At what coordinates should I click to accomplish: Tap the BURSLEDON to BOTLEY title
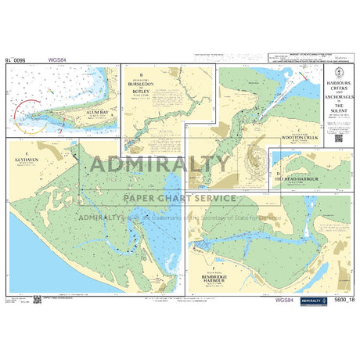click(x=142, y=85)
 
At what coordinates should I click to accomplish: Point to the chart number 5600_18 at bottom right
click(x=342, y=301)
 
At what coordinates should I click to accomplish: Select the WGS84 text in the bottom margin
click(x=285, y=301)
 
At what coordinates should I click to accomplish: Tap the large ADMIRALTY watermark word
click(x=161, y=164)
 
